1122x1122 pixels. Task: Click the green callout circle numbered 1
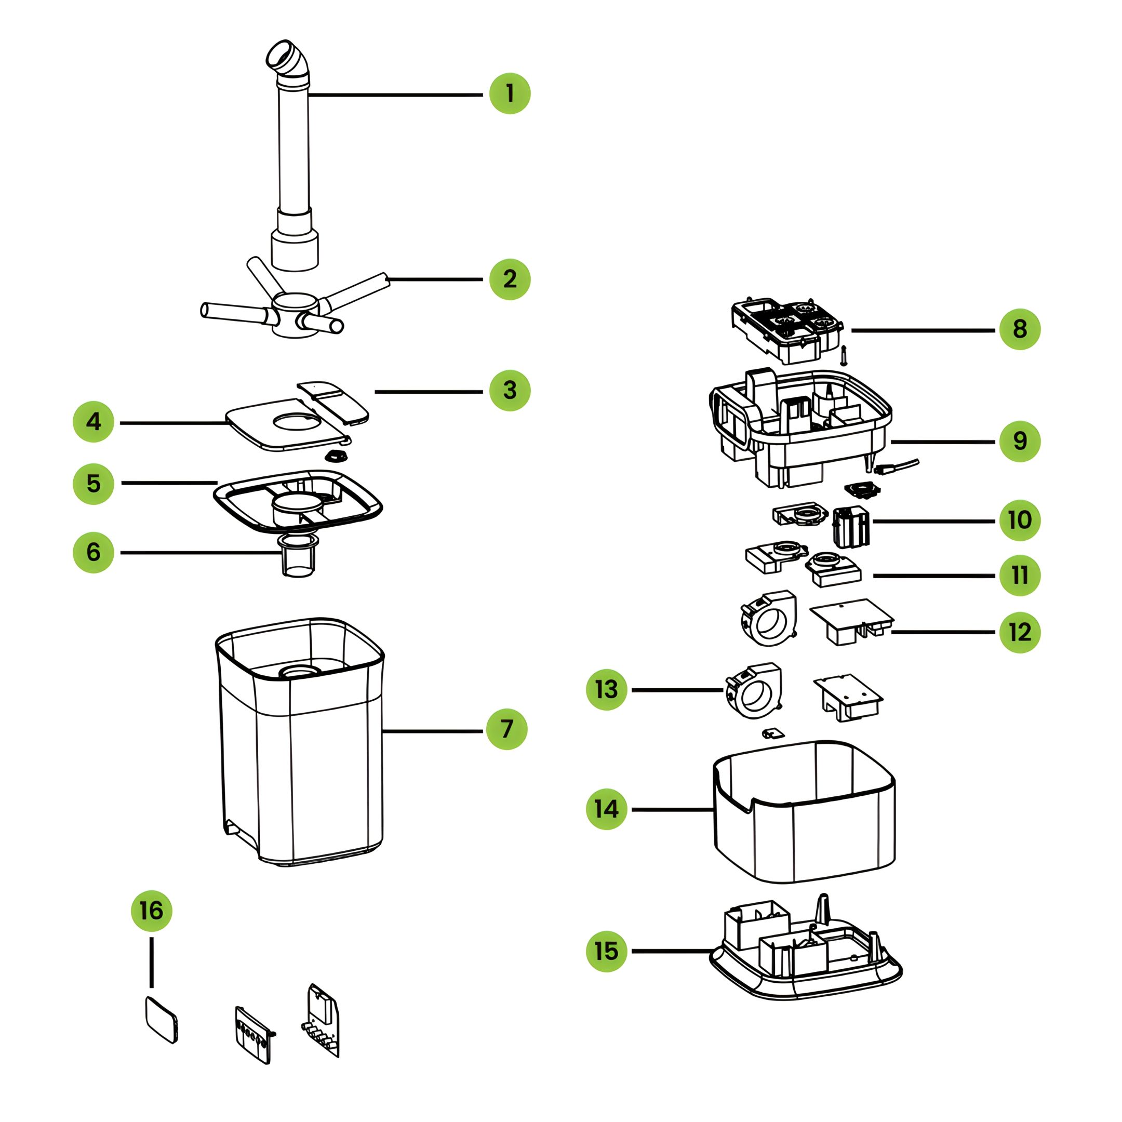tap(509, 94)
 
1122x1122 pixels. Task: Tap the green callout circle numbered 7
tap(506, 729)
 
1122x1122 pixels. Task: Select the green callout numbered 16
tap(152, 911)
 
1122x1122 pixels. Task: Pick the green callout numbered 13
tap(606, 689)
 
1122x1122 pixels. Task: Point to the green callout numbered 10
tap(1020, 520)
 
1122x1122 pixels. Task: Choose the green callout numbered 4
tap(94, 422)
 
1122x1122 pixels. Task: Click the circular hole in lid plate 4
tap(296, 421)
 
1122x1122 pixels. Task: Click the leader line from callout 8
tap(924, 330)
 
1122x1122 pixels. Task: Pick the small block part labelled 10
tap(851, 527)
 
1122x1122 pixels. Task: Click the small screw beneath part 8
tap(844, 355)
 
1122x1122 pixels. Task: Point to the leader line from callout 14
tap(672, 810)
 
